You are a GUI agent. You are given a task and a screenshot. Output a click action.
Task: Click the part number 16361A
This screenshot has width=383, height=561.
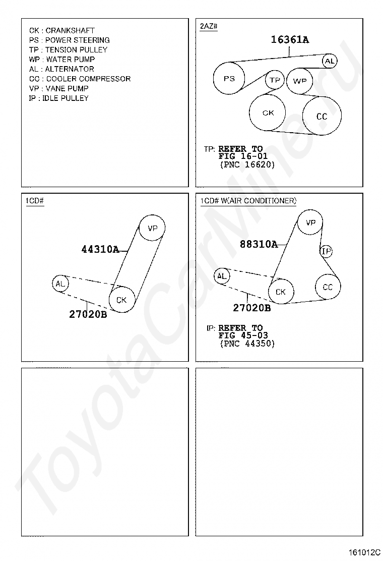tap(290, 40)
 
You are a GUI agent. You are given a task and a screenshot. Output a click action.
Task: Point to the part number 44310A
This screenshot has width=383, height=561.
tap(100, 249)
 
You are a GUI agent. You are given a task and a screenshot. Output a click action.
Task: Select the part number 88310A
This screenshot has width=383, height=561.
tap(259, 244)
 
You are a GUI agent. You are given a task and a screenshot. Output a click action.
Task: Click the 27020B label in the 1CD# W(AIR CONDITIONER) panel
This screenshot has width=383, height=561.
tap(252, 308)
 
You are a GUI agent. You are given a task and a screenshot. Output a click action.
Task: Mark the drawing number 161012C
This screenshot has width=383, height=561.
tap(364, 552)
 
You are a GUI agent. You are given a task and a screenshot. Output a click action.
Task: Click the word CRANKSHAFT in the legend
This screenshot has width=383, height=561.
tap(70, 30)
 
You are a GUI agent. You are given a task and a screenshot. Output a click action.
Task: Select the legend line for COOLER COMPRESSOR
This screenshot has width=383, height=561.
tap(80, 79)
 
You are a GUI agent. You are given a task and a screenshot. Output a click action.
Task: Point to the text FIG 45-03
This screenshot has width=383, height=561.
tap(243, 335)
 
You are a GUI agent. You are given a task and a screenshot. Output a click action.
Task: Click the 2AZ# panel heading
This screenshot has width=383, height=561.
tap(209, 26)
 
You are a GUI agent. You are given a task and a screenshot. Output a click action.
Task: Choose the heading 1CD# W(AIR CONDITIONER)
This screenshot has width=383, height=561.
tap(248, 201)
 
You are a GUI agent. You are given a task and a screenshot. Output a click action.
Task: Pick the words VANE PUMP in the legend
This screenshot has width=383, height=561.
tap(67, 88)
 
